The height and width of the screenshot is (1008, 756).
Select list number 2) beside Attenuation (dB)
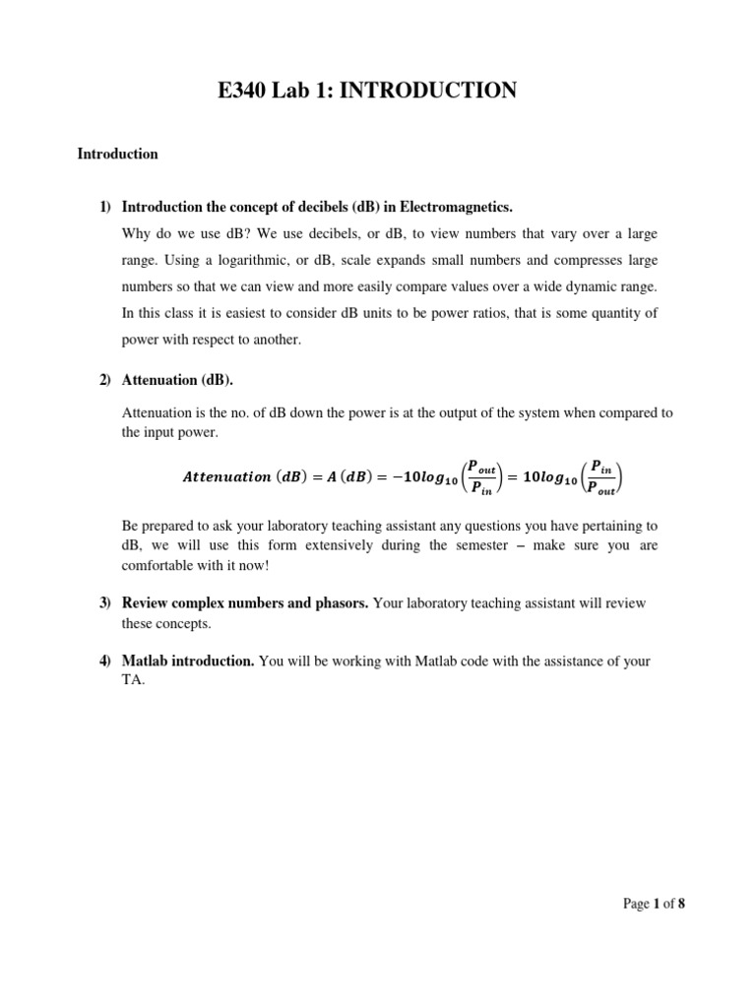click(105, 380)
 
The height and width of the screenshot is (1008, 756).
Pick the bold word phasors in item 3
click(342, 602)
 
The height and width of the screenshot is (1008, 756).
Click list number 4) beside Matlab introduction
click(105, 661)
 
